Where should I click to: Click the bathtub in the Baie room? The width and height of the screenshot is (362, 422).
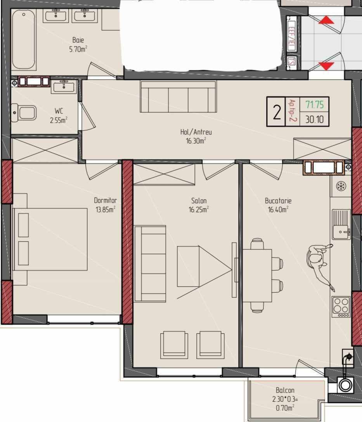click(24, 40)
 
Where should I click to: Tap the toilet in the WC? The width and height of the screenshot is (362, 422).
click(24, 113)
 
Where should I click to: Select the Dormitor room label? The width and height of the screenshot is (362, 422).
click(106, 200)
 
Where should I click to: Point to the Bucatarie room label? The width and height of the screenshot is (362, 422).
click(278, 201)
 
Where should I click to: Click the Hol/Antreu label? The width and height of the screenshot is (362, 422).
click(196, 132)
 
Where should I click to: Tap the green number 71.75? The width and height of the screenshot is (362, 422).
click(314, 104)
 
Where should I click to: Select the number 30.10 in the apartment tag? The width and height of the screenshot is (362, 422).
click(314, 119)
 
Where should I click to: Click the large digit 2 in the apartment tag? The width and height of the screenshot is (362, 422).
click(277, 112)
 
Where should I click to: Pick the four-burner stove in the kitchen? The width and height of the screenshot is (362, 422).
click(341, 307)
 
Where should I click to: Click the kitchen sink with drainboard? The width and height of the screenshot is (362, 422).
click(341, 224)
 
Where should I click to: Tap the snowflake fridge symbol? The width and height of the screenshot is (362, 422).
click(341, 186)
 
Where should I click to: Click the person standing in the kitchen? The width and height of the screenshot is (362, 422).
click(320, 266)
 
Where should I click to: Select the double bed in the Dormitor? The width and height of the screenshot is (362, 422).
click(50, 239)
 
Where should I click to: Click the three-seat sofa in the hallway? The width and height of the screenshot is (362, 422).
click(178, 97)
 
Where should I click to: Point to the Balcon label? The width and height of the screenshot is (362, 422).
click(285, 390)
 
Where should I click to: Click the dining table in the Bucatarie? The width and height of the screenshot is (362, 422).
click(257, 276)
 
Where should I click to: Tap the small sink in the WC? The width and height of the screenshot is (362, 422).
click(64, 87)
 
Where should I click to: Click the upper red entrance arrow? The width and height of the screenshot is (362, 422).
click(326, 20)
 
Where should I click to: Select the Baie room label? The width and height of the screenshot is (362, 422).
click(78, 40)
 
